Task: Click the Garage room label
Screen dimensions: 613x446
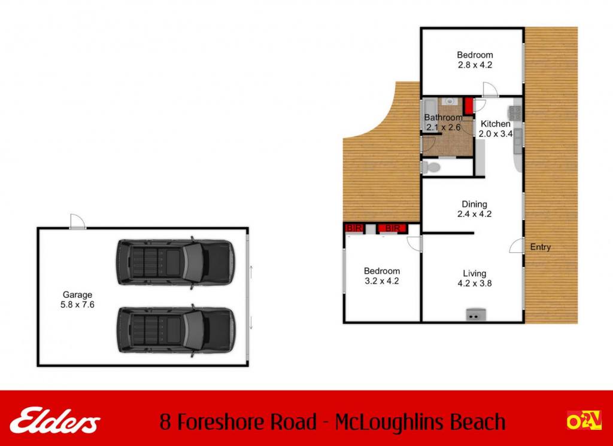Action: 77,295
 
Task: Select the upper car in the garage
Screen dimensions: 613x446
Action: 175,262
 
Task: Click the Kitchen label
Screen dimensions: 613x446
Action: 495,124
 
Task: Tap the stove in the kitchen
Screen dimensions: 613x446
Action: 514,113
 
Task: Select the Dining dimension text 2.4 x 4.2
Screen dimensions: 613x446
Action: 474,214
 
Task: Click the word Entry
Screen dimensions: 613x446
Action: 541,247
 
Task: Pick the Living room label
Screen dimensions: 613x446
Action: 475,273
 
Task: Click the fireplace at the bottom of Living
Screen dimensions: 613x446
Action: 476,314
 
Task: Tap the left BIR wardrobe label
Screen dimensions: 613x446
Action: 354,228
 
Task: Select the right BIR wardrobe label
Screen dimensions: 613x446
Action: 392,228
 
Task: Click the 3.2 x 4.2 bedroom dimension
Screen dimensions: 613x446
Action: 381,281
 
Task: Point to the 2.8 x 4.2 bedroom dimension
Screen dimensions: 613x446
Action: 475,65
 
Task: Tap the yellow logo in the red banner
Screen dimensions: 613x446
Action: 584,420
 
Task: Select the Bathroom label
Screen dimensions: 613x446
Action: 444,117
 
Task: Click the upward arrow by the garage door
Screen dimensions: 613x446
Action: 251,271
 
